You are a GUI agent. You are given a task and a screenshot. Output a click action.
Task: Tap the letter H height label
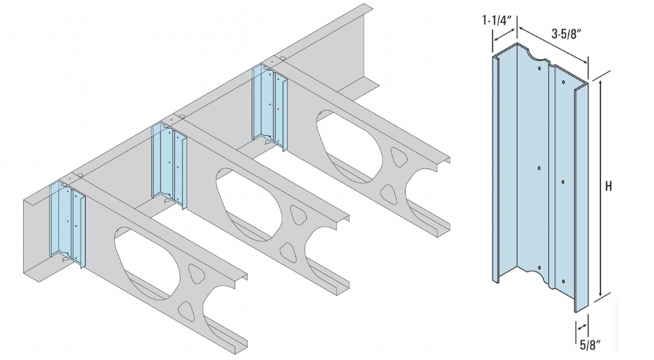609,186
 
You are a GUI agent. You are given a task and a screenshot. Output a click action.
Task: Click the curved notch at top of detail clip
537,55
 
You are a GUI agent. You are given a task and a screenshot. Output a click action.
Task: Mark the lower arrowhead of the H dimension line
599,294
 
